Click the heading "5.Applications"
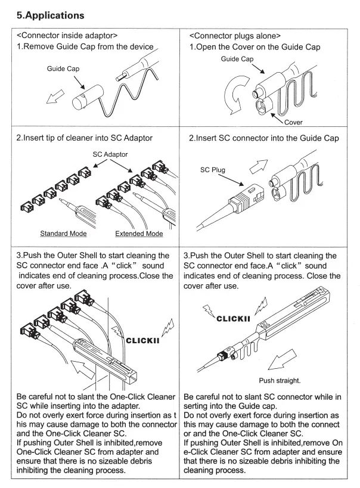tap(51, 15)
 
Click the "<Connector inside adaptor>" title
tap(67, 36)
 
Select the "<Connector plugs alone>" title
tap(235, 36)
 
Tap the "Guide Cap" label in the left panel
tap(63, 69)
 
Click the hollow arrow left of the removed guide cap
tap(55, 97)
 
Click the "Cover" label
tap(293, 122)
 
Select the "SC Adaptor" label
tap(110, 154)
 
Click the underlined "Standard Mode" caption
tap(64, 234)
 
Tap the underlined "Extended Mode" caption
tap(139, 234)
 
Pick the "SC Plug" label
tap(213, 170)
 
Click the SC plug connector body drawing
tap(246, 199)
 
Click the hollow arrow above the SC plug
tap(259, 166)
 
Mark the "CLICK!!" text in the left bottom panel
tap(142, 340)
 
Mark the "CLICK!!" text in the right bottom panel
tap(233, 319)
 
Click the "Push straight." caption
tap(280, 381)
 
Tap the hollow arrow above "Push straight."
tap(282, 359)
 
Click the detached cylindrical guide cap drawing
tap(88, 97)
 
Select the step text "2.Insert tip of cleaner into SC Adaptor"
tap(85, 138)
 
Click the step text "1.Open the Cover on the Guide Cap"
tap(255, 47)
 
